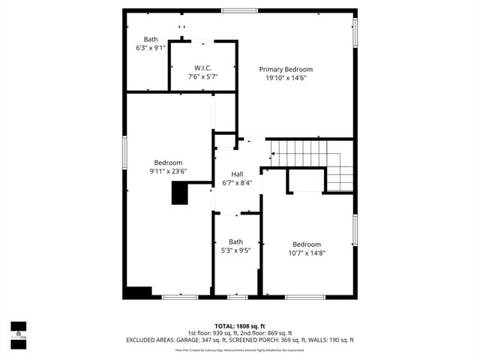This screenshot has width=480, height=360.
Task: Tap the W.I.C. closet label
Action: pyautogui.click(x=202, y=67)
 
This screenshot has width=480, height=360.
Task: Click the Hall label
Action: pyautogui.click(x=237, y=174)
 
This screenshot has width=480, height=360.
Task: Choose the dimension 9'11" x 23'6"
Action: pyautogui.click(x=168, y=171)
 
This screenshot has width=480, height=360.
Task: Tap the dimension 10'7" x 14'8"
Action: pyautogui.click(x=307, y=253)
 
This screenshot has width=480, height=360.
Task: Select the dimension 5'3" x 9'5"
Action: pyautogui.click(x=236, y=250)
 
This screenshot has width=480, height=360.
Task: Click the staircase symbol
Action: pyautogui.click(x=312, y=163)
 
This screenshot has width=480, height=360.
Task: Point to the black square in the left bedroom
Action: pyautogui.click(x=179, y=194)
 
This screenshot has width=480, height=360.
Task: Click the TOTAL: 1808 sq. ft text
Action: pyautogui.click(x=239, y=326)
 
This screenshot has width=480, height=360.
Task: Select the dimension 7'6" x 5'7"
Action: pyautogui.click(x=202, y=76)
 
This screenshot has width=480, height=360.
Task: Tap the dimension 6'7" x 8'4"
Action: pyautogui.click(x=237, y=182)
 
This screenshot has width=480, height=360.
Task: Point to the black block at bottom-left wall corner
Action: pyautogui.click(x=138, y=292)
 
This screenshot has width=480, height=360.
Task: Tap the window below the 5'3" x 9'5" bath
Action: pyautogui.click(x=237, y=297)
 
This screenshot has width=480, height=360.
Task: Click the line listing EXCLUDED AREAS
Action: pyautogui.click(x=239, y=340)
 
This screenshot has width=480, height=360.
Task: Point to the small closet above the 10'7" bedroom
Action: pyautogui.click(x=306, y=179)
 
